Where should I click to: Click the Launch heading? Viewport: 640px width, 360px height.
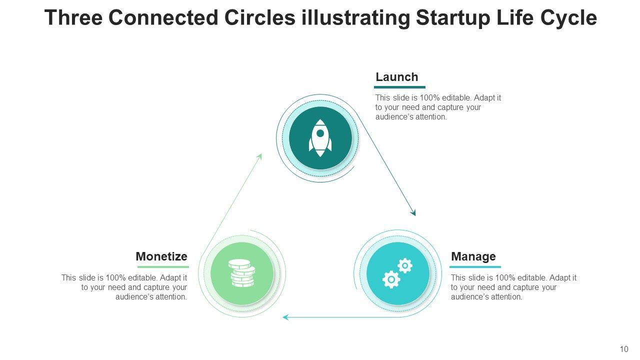tap(396, 77)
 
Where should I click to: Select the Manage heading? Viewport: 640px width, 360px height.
tap(473, 256)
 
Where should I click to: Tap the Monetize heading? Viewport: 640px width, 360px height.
tap(161, 256)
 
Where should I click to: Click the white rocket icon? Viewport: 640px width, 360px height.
tap(320, 138)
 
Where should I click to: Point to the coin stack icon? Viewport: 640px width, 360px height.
tap(242, 273)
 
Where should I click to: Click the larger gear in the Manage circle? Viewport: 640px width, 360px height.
tap(391, 279)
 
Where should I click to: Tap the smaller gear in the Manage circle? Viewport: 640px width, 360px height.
tap(404, 265)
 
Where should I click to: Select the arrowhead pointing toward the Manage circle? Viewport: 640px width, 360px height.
tap(413, 212)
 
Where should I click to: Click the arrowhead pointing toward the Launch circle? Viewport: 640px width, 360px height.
tap(259, 156)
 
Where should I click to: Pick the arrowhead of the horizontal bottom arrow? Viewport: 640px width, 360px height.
tap(285, 317)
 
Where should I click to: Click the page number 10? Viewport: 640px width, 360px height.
tap(623, 349)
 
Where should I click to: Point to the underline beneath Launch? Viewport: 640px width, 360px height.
tap(399, 87)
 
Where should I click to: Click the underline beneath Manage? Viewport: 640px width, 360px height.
tap(475, 267)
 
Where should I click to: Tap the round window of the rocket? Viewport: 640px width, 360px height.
tap(320, 133)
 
